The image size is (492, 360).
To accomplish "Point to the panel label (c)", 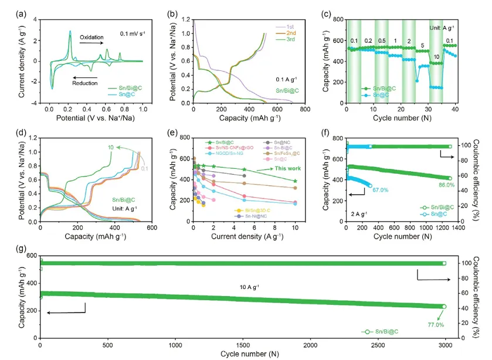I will click(328, 12).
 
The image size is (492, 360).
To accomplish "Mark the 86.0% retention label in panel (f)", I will click(446, 185).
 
